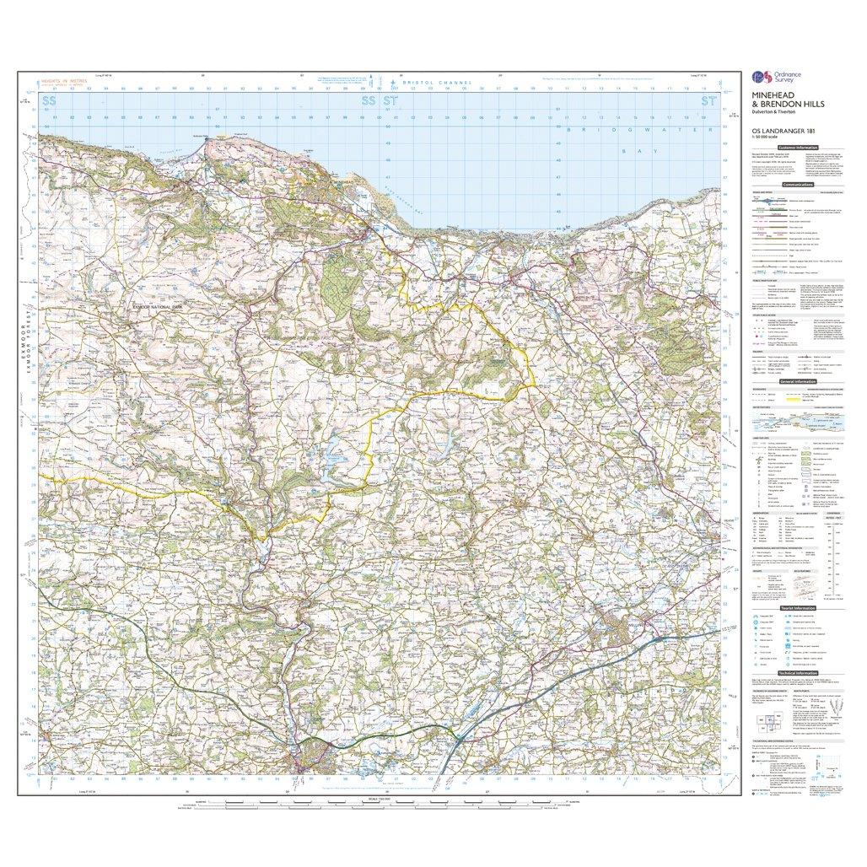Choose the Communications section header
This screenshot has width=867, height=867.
[x=797, y=184]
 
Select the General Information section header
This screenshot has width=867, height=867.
[x=797, y=382]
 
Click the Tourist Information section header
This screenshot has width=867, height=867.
[x=797, y=609]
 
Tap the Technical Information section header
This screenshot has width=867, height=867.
[x=797, y=673]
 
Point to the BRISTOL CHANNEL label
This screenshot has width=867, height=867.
[x=439, y=84]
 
